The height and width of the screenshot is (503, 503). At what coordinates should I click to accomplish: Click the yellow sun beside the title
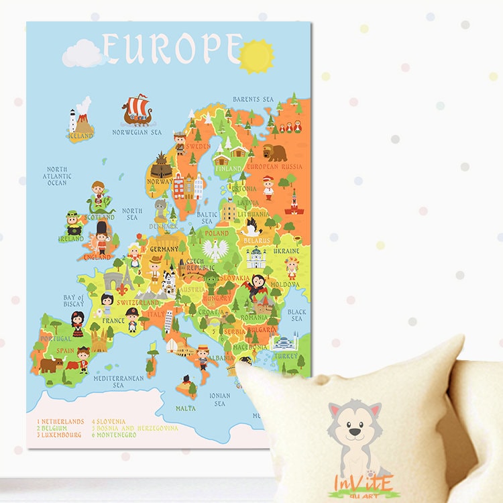(256, 56)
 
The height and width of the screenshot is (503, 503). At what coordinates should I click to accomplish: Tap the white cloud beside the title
(83, 54)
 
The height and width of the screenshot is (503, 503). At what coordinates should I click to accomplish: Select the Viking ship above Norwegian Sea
(136, 109)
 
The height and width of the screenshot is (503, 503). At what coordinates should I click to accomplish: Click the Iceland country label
(80, 135)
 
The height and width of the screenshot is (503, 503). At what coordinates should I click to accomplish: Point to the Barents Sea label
(253, 99)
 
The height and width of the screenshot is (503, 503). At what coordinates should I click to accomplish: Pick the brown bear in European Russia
(274, 152)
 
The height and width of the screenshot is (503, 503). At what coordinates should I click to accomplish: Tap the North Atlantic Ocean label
(58, 176)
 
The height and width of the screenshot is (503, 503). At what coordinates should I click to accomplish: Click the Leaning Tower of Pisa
(168, 321)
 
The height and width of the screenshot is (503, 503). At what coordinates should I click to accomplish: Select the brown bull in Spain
(51, 365)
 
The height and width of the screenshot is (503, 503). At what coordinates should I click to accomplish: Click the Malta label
(186, 408)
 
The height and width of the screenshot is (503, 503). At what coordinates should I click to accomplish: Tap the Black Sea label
(296, 315)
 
